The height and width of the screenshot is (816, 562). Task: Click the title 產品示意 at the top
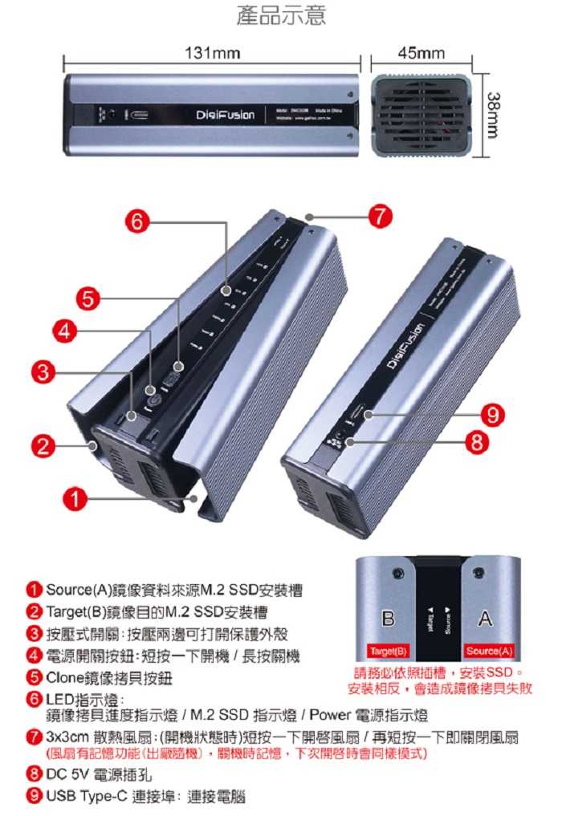coord(281,16)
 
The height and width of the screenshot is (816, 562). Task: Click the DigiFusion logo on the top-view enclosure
coord(225,115)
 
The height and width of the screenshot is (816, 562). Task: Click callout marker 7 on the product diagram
coord(380,216)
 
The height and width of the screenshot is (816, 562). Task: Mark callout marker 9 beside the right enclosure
coord(492,415)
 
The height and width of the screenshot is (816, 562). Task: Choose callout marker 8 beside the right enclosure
coord(477,441)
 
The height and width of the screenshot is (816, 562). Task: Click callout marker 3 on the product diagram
coord(45,371)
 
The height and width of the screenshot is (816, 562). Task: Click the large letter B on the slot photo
coord(389,619)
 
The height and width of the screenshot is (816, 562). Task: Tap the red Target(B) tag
coord(389,651)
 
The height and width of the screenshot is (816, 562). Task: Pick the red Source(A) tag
coord(488,651)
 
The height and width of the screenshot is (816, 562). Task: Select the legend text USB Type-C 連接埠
coord(145,797)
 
